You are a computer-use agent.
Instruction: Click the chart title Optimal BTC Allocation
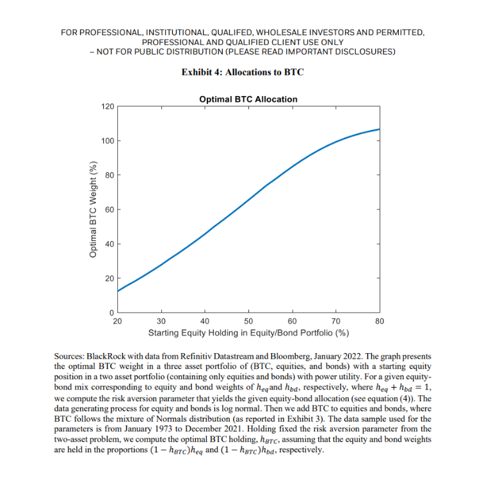(248, 99)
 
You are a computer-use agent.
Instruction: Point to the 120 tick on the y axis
(108, 106)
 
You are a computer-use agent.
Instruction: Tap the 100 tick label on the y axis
(108, 141)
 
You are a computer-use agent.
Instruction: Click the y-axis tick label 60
(109, 210)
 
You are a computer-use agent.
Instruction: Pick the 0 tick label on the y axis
(111, 313)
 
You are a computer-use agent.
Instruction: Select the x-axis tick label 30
(161, 321)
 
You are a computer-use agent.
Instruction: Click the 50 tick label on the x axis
(248, 321)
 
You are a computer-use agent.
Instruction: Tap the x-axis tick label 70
(335, 321)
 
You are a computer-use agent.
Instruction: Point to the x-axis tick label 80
(380, 321)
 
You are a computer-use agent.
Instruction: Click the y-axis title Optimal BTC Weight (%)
(93, 210)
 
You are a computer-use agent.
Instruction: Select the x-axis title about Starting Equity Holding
(248, 333)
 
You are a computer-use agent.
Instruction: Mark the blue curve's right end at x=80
(380, 129)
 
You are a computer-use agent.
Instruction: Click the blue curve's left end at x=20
(118, 291)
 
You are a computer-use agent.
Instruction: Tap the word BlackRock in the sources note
(106, 356)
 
